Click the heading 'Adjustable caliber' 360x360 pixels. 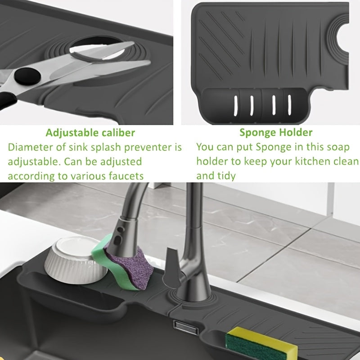pos(90,133)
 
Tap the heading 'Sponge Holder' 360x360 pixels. pos(276,132)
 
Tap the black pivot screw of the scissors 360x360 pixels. pos(27,76)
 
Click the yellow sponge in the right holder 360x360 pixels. pos(262,343)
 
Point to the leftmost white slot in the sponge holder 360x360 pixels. pos(235,106)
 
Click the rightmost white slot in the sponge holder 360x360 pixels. pos(289,105)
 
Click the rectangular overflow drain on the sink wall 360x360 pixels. pos(185,327)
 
